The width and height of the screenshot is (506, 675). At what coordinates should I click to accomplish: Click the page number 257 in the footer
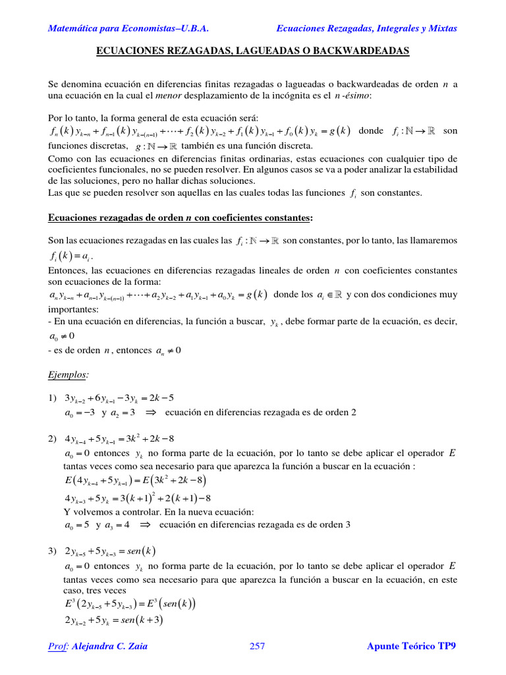click(x=258, y=646)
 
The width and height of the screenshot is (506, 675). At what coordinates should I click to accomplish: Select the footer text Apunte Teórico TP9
click(x=411, y=646)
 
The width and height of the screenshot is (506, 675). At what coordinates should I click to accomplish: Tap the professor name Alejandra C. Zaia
click(x=110, y=646)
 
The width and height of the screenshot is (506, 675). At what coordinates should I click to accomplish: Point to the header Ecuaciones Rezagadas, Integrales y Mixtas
click(x=366, y=28)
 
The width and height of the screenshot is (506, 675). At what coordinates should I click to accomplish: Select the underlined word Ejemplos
click(x=68, y=374)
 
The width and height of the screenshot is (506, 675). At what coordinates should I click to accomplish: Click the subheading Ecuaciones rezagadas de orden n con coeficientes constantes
click(x=181, y=218)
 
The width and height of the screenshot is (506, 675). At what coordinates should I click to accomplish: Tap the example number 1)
click(x=53, y=397)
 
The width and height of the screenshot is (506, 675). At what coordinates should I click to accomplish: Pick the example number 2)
click(x=53, y=438)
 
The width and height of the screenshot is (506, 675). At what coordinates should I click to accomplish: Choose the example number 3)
click(x=53, y=550)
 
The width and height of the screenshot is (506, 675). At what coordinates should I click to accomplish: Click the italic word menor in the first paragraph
click(x=167, y=96)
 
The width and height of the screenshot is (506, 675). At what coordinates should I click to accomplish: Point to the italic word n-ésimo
click(x=352, y=96)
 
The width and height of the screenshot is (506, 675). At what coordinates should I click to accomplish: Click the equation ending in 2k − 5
click(x=119, y=397)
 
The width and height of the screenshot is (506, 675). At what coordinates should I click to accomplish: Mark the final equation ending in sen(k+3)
click(x=114, y=620)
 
